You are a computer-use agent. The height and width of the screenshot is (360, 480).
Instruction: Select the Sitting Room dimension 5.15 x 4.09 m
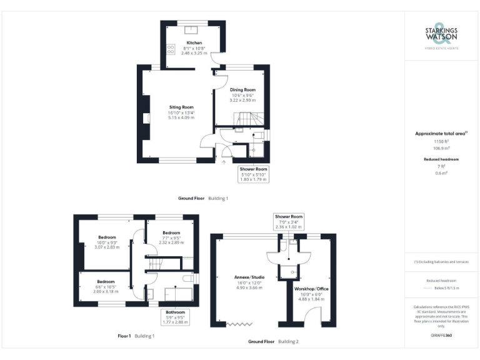pos(181,117)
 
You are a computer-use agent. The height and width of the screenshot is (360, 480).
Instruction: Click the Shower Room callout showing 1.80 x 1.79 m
pos(253,174)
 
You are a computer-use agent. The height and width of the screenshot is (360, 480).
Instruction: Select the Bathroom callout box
pos(175,316)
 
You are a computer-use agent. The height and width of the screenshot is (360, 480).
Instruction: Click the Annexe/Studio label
pos(249,277)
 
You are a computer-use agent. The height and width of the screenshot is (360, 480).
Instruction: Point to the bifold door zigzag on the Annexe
pos(236,324)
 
